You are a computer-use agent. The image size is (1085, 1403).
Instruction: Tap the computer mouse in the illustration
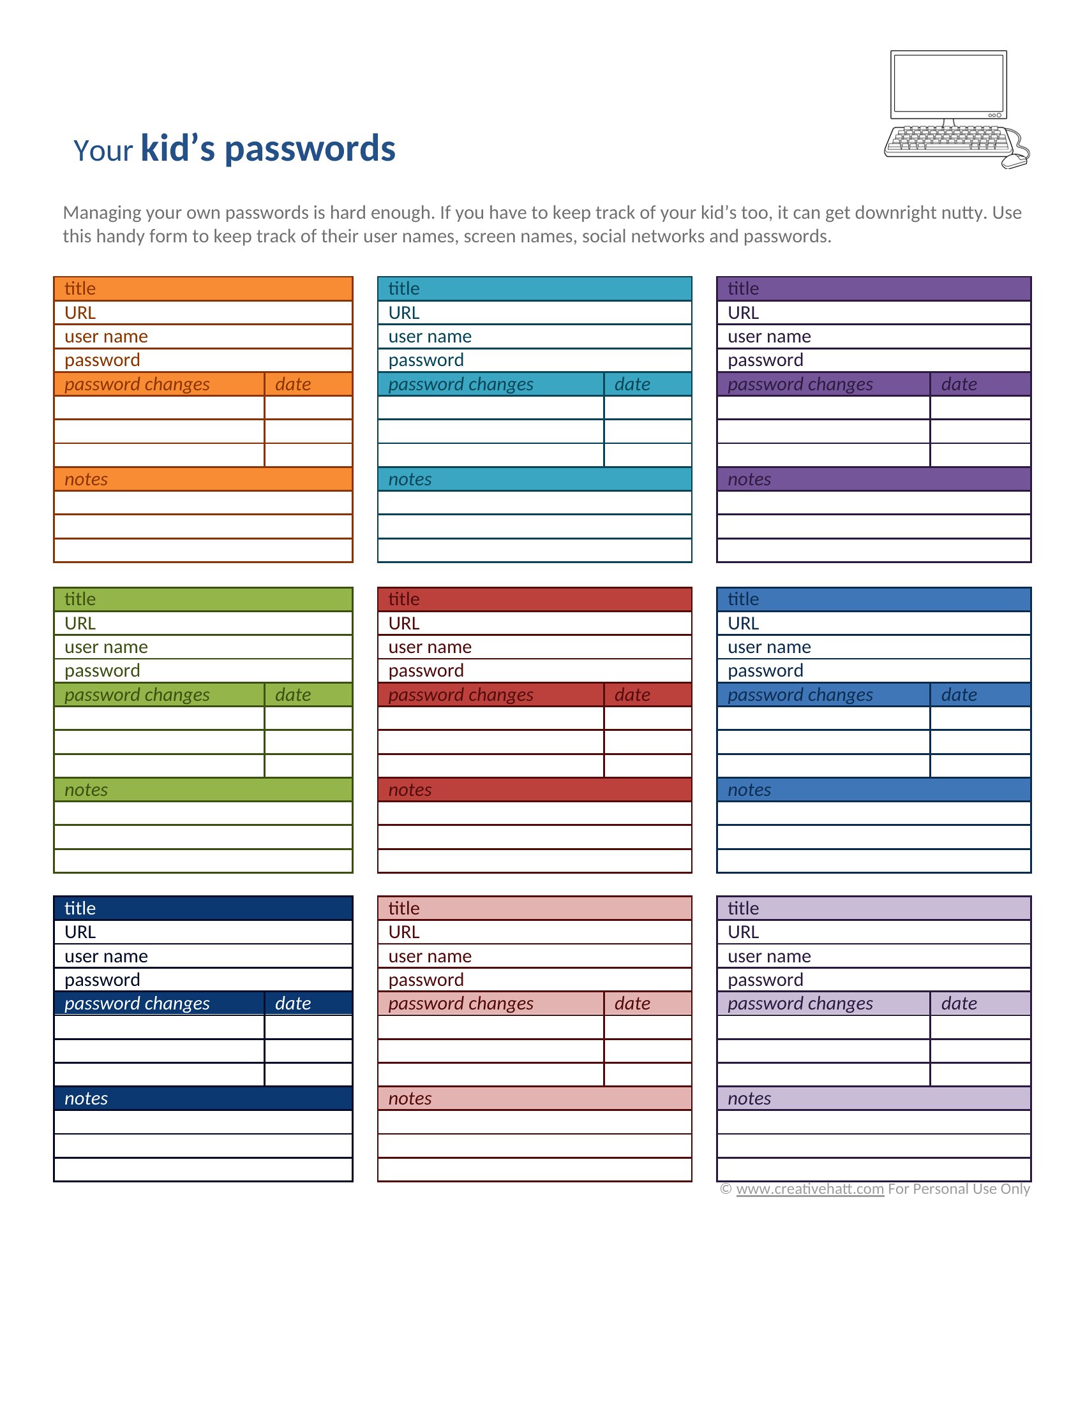[1015, 161]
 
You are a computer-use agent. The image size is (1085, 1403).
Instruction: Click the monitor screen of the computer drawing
[948, 83]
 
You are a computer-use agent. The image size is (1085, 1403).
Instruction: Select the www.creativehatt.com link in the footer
[810, 1189]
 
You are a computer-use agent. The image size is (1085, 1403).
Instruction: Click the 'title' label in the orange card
[80, 288]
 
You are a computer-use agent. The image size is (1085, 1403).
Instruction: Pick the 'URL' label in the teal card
[403, 313]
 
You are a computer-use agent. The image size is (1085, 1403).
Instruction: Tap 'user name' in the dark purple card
[769, 337]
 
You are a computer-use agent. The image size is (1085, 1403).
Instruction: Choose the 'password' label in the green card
[102, 671]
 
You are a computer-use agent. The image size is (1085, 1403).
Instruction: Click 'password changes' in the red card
[460, 694]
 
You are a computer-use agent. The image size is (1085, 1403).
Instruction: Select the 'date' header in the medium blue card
[959, 694]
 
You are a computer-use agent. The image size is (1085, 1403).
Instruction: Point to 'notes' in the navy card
[86, 1099]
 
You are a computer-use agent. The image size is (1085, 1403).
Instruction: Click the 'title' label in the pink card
[403, 908]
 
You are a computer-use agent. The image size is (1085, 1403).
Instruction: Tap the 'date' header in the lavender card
[959, 1003]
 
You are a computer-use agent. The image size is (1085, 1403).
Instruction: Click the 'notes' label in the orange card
[86, 479]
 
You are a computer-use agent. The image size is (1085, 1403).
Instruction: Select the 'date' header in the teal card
[632, 384]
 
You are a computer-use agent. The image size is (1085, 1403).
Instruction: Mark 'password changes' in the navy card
[137, 1003]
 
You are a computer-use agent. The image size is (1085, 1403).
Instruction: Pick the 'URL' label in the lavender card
[743, 932]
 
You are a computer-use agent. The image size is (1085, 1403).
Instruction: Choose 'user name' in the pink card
[430, 957]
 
